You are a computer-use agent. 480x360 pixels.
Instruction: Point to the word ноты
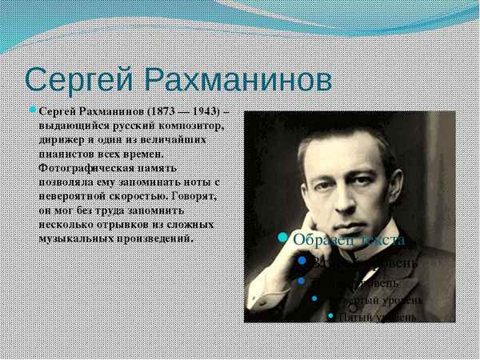click(199, 182)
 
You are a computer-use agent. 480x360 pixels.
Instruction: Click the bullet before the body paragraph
click(33, 109)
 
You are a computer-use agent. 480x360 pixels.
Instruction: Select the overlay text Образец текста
click(349, 238)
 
